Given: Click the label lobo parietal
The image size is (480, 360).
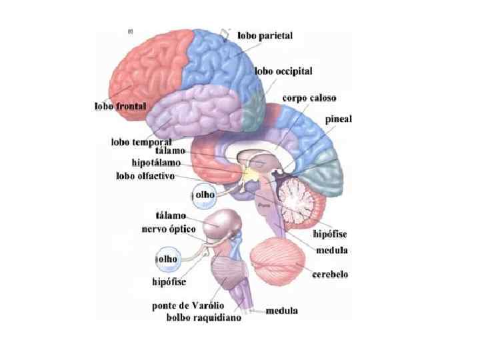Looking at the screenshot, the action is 265,35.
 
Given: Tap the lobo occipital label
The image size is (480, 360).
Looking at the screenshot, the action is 283,71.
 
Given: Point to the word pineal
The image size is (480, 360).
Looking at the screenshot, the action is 339,119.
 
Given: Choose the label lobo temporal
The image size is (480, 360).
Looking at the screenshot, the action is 141,142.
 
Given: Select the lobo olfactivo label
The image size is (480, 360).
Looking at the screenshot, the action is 145,176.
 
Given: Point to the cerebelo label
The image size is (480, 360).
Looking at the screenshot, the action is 331,274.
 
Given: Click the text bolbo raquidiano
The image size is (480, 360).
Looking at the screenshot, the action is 203,317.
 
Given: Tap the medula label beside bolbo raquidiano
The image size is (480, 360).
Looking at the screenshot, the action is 282,311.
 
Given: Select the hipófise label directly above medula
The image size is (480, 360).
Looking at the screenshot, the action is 330,234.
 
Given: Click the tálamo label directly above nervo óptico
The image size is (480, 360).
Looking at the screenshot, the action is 171,216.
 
